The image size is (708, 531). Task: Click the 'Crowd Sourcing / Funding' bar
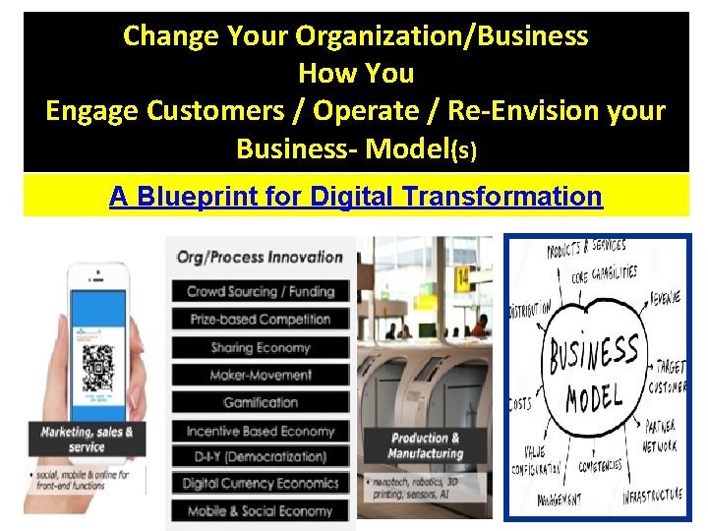[x=261, y=291]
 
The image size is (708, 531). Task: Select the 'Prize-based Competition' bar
[x=261, y=319]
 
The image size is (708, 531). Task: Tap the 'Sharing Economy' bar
[x=261, y=347]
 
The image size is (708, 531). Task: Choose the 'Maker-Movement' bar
[x=261, y=375]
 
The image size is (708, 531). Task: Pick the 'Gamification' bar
[x=261, y=402]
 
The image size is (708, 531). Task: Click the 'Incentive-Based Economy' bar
[x=261, y=431]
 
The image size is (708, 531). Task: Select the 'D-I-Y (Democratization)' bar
[x=261, y=456]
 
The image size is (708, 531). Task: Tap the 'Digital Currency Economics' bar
[x=261, y=483]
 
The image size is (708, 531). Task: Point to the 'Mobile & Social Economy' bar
[x=261, y=510]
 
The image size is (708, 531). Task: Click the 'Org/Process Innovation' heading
[x=260, y=258]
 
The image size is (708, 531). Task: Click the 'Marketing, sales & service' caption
[x=87, y=439]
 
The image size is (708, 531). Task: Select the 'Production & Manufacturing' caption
[x=425, y=445]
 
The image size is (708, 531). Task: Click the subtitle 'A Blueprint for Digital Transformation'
[x=355, y=197]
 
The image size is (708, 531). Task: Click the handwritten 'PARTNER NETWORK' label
[x=661, y=438]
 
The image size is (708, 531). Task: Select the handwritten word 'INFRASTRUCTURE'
[x=652, y=495]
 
